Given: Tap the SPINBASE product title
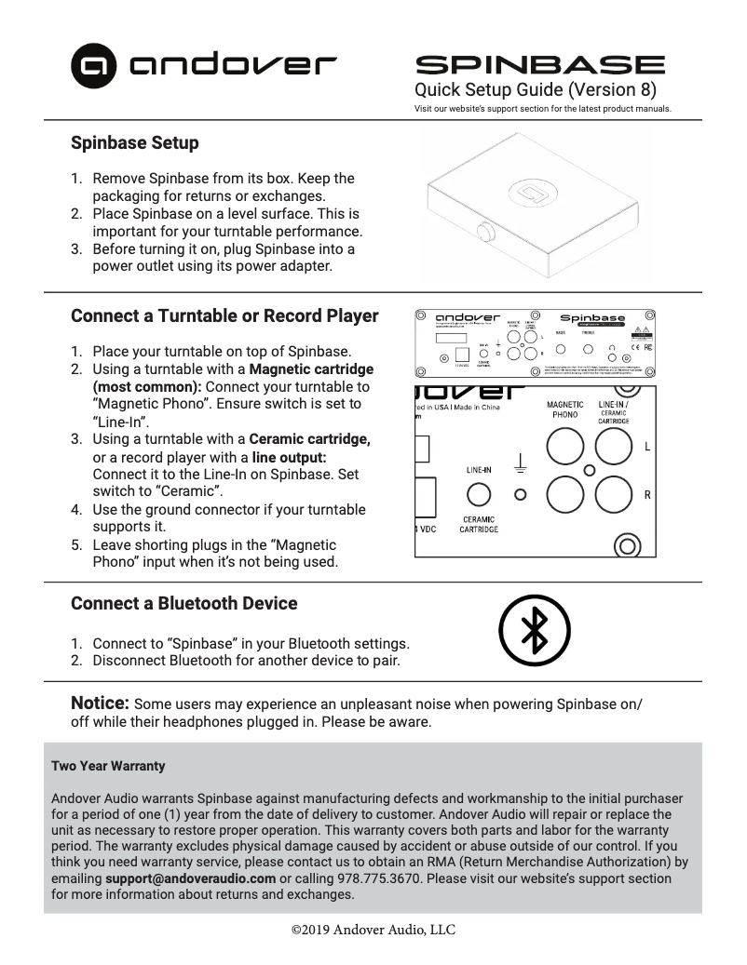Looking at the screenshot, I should (x=539, y=65).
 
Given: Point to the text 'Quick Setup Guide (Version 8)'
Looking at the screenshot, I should (x=535, y=90).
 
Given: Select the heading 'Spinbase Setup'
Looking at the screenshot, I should (x=134, y=143).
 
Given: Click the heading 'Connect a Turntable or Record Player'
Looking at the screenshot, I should (x=224, y=315).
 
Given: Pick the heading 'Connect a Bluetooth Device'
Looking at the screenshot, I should (x=183, y=603).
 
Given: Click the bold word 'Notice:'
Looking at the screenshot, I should (x=100, y=702).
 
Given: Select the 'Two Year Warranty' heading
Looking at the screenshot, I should (x=108, y=766).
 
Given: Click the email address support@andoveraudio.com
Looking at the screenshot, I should (x=190, y=878).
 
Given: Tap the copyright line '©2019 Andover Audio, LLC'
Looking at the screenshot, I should (x=373, y=929).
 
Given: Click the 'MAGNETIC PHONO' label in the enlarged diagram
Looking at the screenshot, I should (x=564, y=409).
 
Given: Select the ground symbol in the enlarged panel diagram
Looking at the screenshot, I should (x=522, y=462).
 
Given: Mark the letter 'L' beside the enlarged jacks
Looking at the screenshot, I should (x=647, y=447).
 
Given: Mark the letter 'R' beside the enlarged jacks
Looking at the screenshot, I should (x=647, y=495).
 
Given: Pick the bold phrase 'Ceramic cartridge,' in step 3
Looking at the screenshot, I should (x=309, y=439).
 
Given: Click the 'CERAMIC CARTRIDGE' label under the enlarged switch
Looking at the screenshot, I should (x=479, y=525).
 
